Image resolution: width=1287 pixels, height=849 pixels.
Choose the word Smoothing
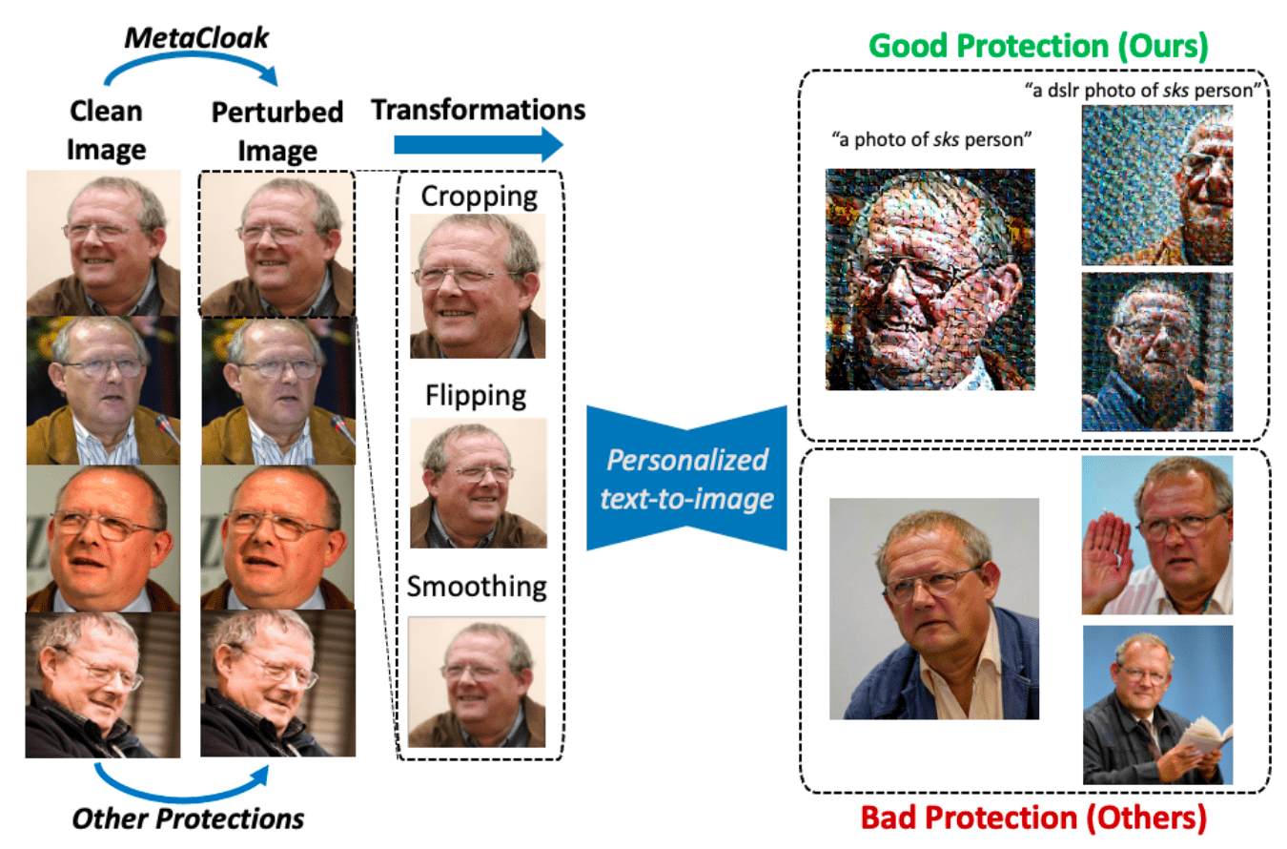pos(477,586)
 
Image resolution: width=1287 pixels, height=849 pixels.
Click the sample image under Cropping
pos(477,285)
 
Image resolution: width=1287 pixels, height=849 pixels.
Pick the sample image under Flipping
pos(478,483)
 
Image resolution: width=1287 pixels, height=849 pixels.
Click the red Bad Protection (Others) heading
pos(1035,818)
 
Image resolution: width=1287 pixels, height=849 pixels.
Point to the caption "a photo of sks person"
pos(933,140)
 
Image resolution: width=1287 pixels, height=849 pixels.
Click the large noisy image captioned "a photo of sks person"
pos(930,279)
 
